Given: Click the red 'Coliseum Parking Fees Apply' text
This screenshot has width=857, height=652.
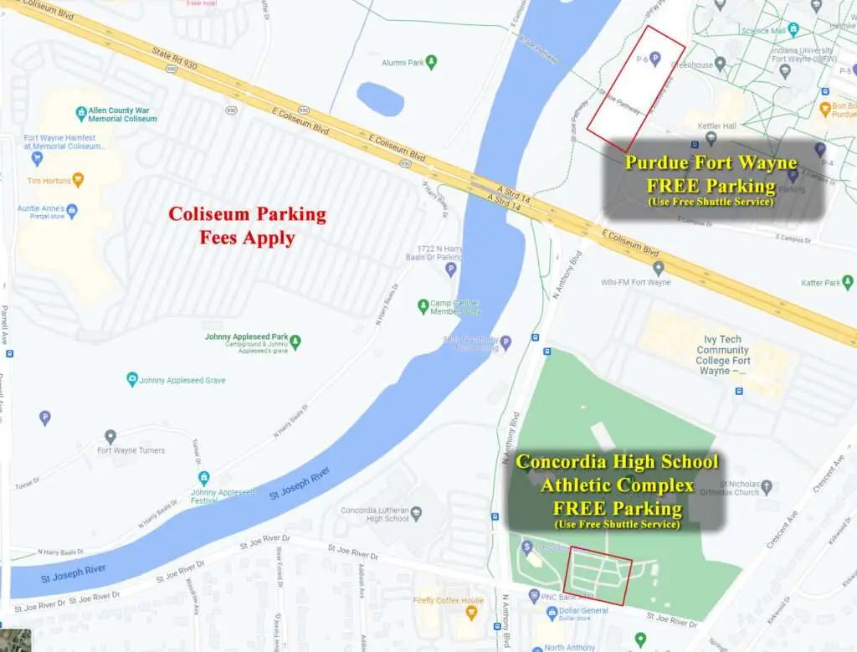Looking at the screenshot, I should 247,225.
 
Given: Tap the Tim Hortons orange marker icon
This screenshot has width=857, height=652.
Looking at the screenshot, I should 78,179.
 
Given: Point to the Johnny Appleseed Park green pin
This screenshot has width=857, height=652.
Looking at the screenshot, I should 295,341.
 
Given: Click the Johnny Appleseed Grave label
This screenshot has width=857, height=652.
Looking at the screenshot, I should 182,380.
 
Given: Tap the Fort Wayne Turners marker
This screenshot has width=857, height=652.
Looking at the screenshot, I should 110,436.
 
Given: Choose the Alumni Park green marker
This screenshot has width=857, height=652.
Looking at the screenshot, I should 432,62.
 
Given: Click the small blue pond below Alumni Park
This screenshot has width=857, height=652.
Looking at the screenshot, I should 381,99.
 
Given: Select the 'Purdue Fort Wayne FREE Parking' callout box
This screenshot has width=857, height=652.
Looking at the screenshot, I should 715,179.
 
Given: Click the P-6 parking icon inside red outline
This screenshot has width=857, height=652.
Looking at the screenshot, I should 655,59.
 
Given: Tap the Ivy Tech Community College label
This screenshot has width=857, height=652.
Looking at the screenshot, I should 724,355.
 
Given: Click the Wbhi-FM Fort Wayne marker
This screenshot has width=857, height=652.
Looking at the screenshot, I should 659,268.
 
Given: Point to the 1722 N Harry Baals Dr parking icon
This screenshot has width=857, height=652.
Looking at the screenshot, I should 451,270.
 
